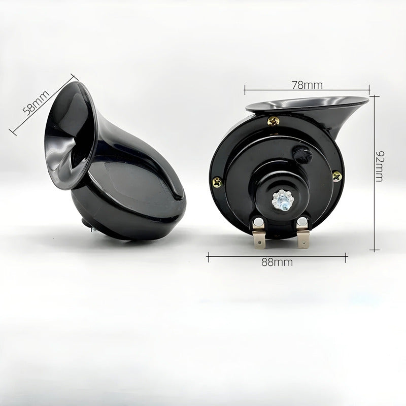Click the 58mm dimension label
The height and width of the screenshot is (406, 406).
(36, 103)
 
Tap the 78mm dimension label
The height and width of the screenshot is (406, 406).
(308, 85)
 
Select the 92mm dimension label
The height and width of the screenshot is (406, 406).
(380, 166)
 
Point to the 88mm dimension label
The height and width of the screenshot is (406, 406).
(277, 262)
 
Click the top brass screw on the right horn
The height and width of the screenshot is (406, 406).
(274, 121)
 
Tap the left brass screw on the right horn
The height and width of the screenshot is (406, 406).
(217, 183)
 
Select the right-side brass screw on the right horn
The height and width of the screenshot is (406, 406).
(337, 176)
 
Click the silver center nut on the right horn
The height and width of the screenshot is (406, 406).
(281, 199)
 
